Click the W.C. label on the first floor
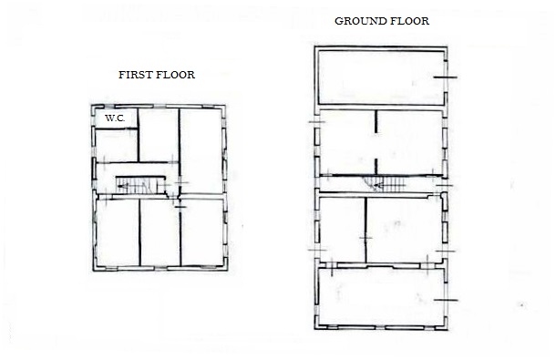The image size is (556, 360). pos(115,118)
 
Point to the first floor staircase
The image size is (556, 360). pos(140,185)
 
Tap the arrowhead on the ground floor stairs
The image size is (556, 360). pos(378,185)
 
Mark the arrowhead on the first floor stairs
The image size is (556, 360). pos(121,186)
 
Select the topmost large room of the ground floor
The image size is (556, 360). pos(381,77)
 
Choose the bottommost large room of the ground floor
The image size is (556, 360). pos(381,297)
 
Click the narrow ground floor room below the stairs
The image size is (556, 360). pos(342,230)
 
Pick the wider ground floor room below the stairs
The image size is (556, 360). pos(404,230)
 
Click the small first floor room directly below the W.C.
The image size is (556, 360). pos(117,146)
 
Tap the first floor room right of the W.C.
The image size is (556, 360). pos(159,135)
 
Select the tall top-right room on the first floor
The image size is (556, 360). pos(201,150)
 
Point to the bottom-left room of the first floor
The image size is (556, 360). pos(118,232)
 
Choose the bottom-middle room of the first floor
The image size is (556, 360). pos(160,232)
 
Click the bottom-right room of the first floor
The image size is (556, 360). pos(201,232)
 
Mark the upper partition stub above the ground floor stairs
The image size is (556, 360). pos(376,121)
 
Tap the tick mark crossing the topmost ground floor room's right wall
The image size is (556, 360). pos(446,77)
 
